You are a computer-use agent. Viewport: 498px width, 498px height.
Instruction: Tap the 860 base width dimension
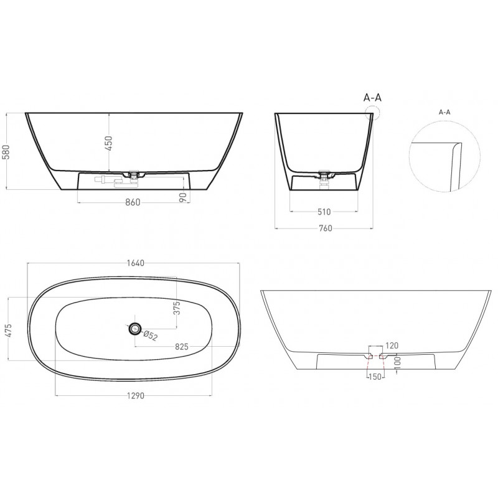(133, 202)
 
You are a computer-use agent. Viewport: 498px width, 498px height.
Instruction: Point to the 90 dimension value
(182, 197)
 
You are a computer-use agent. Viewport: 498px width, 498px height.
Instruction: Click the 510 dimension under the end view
(324, 212)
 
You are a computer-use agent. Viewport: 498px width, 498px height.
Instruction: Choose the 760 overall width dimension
(325, 228)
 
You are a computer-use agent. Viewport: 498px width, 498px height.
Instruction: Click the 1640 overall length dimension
(135, 263)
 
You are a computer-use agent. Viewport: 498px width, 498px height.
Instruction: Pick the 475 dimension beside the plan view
(8, 331)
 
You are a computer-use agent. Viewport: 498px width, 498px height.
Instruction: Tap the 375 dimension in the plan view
(177, 308)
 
